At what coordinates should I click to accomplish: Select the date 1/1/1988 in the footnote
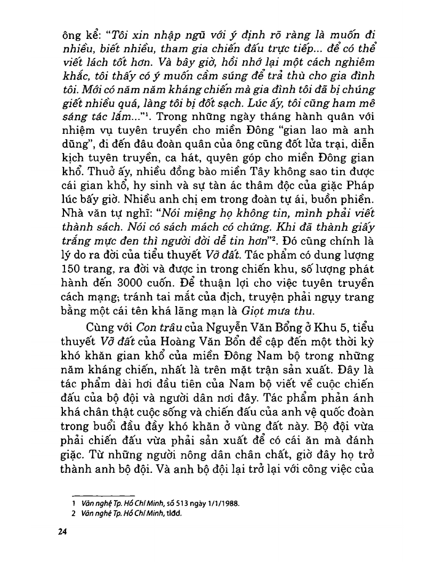221,503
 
